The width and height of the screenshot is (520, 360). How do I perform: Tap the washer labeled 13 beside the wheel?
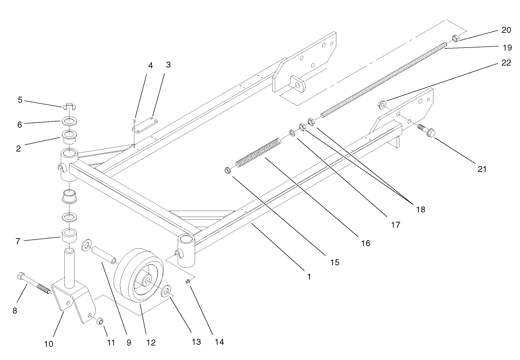(166, 292)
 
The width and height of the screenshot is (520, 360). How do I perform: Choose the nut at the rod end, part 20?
(454, 38)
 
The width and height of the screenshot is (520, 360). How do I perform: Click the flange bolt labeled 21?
(427, 131)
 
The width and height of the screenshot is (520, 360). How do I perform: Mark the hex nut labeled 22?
(382, 103)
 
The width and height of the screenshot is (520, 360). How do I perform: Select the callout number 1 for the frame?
(309, 277)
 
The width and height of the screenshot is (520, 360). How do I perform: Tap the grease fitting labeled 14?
(188, 281)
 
